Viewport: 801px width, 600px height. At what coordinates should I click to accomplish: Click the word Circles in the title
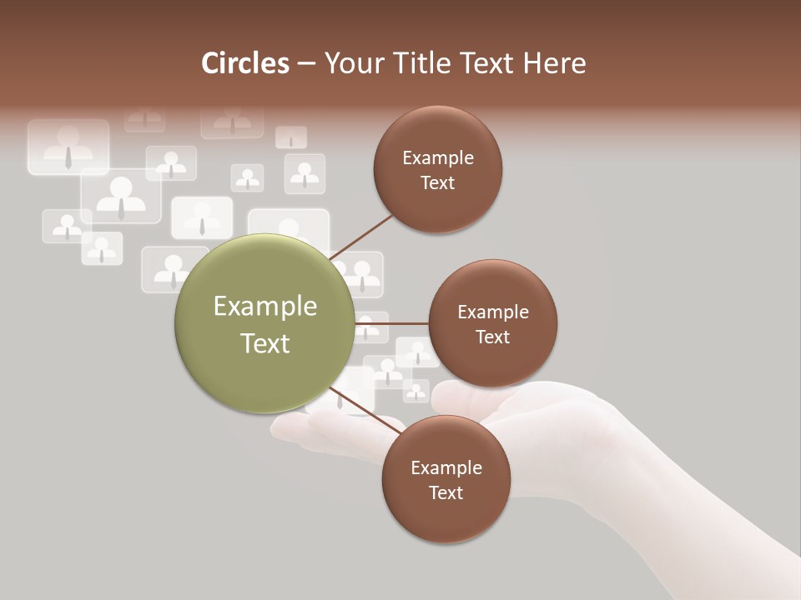245,63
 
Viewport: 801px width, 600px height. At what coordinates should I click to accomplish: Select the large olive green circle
264,323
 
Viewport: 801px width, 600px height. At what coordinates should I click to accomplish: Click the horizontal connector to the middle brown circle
391,322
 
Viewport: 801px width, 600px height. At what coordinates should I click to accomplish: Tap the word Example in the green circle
264,307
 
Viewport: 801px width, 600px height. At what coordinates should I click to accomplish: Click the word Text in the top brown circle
437,183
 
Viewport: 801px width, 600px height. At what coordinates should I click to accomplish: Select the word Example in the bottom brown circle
446,468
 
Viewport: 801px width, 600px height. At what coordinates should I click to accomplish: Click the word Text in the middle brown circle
492,337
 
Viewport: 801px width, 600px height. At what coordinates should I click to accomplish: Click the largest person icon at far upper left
68,147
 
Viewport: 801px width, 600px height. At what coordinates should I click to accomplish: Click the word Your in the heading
351,63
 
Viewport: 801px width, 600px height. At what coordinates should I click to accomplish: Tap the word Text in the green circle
264,343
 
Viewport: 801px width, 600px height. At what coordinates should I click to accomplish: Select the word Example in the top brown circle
437,158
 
